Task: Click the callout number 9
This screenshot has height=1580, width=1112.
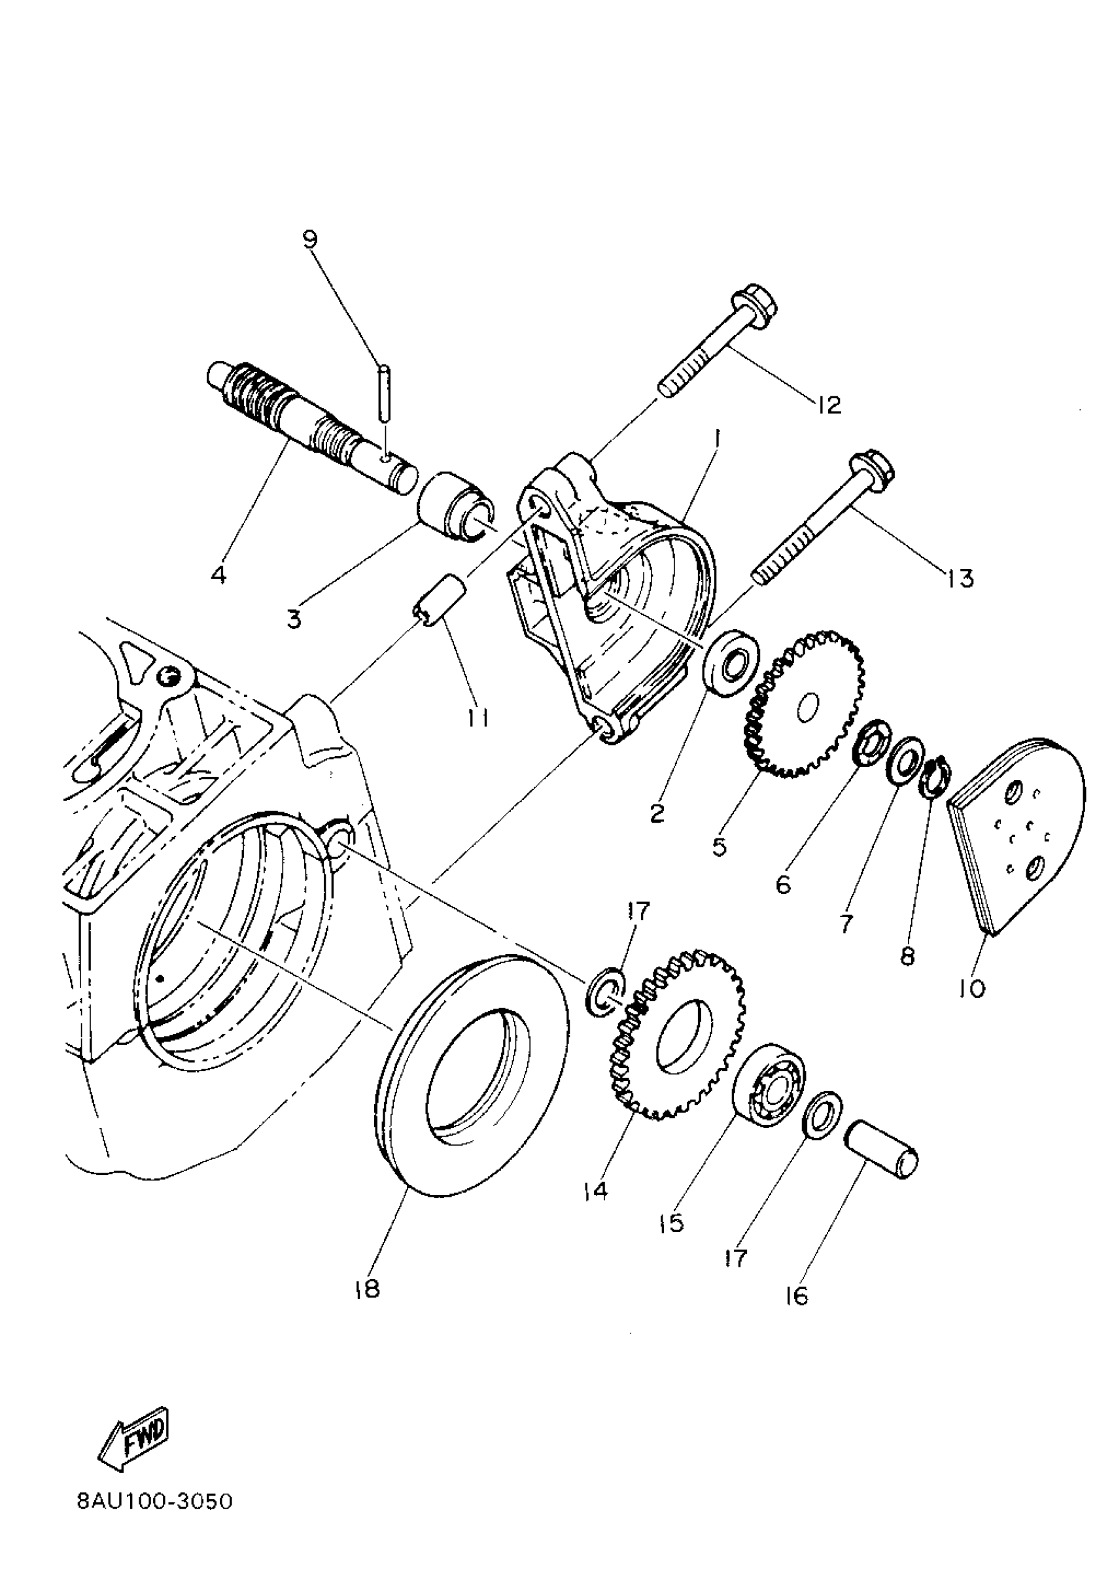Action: (310, 240)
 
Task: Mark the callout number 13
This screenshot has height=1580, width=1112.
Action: (960, 579)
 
